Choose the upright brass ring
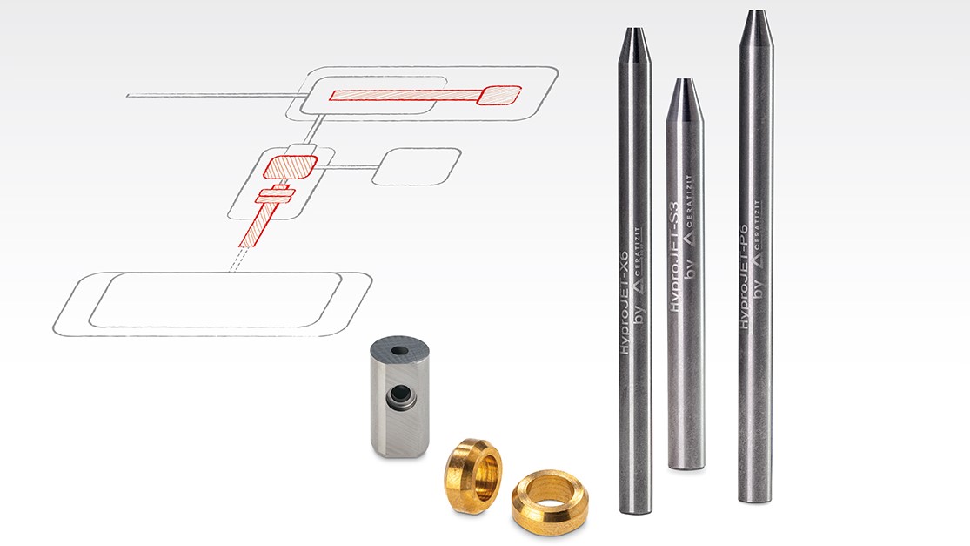pos(472,475)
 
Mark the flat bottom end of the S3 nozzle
pos(686,465)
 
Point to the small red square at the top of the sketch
pos(499,95)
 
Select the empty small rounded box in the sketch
pos(415,166)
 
